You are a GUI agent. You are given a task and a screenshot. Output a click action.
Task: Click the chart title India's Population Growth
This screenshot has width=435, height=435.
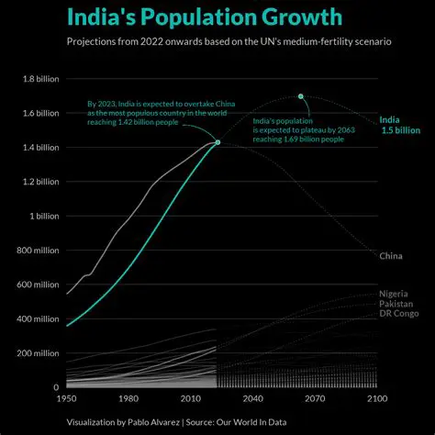pyautogui.click(x=205, y=17)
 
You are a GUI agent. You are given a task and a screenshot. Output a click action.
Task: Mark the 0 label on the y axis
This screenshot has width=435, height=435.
pyautogui.click(x=56, y=388)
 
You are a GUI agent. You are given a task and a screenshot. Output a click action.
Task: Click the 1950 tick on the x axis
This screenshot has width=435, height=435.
pyautogui.click(x=67, y=399)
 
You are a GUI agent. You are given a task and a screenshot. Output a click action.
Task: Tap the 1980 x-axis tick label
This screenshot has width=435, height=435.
pyautogui.click(x=128, y=399)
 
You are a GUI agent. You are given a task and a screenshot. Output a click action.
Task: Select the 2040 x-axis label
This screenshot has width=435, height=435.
pyautogui.click(x=252, y=399)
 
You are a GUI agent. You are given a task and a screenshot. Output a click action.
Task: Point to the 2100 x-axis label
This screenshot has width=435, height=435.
pyautogui.click(x=376, y=399)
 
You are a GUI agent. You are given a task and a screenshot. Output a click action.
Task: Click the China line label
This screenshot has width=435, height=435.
pyautogui.click(x=390, y=255)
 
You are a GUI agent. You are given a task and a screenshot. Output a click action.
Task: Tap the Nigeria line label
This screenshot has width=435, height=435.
pyautogui.click(x=394, y=293)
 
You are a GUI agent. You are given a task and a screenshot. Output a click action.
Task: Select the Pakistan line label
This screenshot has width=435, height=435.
pyautogui.click(x=396, y=304)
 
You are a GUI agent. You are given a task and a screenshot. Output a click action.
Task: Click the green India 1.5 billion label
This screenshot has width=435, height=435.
pyautogui.click(x=400, y=125)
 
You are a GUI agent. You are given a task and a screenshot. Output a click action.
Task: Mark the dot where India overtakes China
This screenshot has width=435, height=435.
pyautogui.click(x=217, y=142)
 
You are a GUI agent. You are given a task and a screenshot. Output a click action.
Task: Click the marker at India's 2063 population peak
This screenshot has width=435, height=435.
pyautogui.click(x=300, y=96)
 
